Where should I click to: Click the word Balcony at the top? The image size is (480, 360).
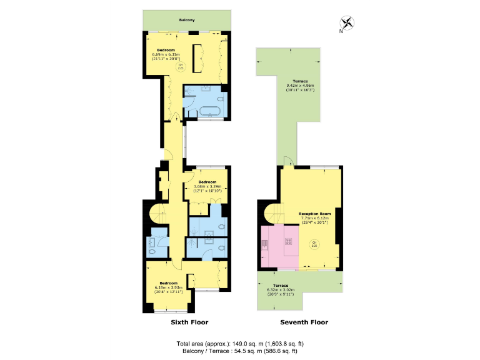pyautogui.click(x=187, y=20)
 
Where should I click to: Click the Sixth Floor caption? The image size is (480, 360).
pyautogui.click(x=189, y=322)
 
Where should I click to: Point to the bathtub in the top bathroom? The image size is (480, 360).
pyautogui.click(x=208, y=112)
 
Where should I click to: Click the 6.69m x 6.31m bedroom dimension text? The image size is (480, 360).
pyautogui.click(x=166, y=54)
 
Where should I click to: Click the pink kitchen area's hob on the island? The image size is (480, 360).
pyautogui.click(x=289, y=241)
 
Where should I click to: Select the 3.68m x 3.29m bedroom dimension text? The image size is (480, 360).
pyautogui.click(x=207, y=186)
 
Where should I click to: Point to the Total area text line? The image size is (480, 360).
pyautogui.click(x=241, y=343)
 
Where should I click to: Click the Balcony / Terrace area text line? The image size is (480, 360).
pyautogui.click(x=239, y=351)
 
